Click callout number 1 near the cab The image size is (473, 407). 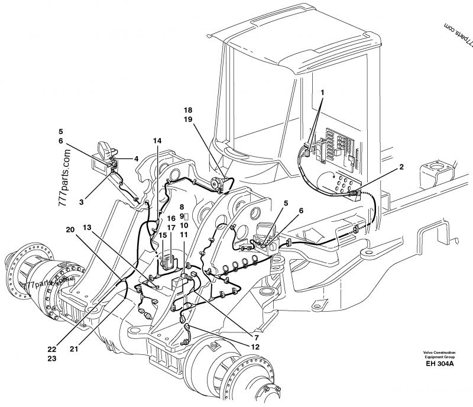point(323,93)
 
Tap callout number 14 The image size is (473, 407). point(157,141)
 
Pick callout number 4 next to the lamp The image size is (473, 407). point(136,159)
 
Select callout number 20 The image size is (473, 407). point(70,230)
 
